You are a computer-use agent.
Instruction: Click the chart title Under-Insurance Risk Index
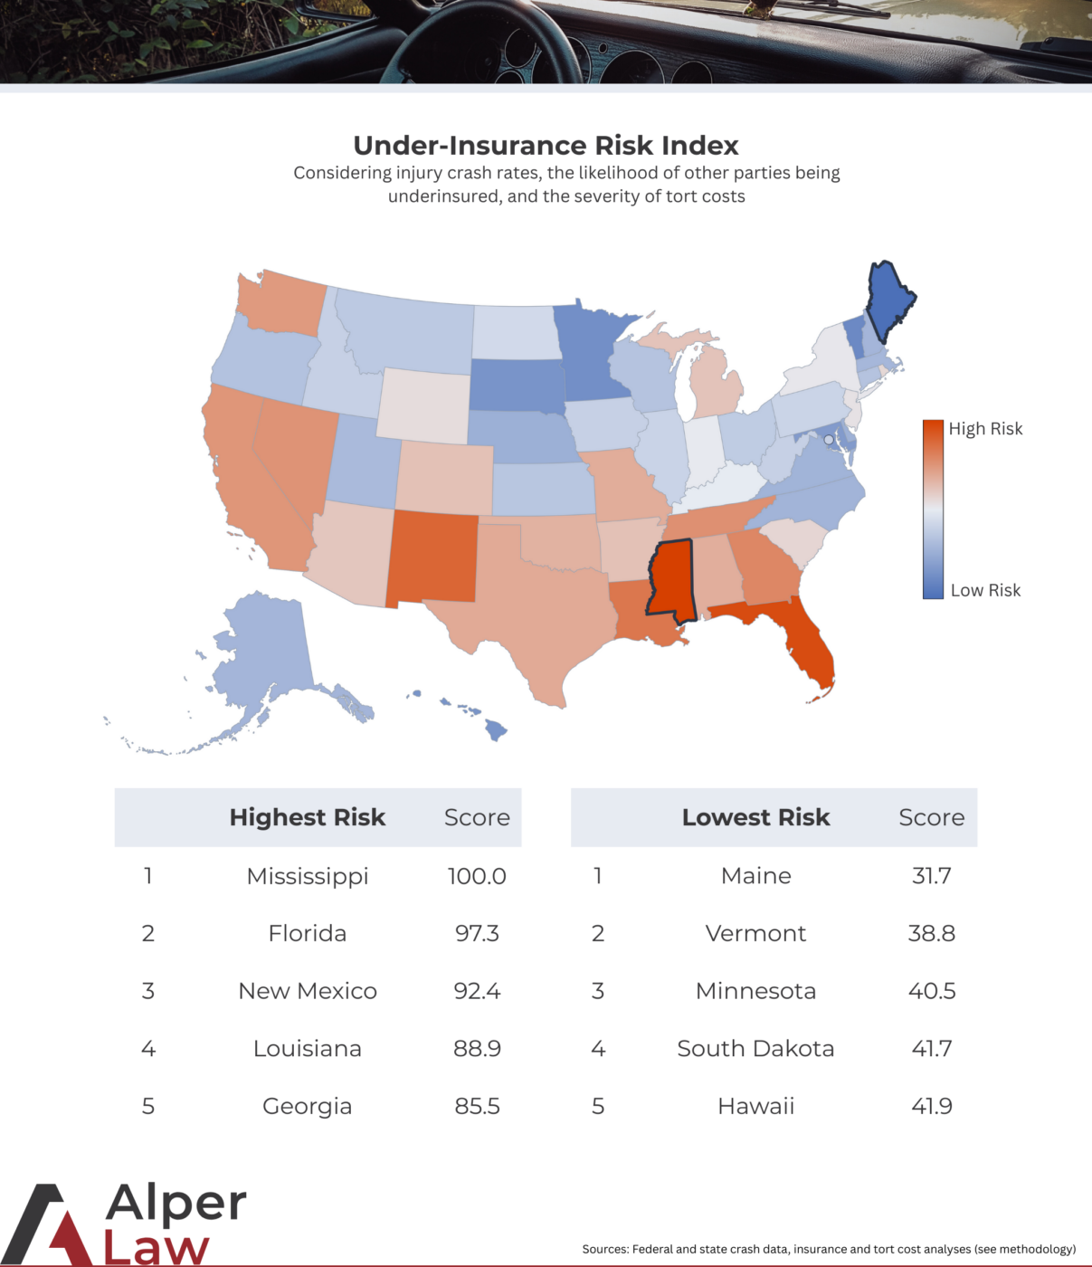(x=546, y=146)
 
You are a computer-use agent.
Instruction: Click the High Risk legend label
(x=985, y=429)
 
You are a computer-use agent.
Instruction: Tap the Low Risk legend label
(x=985, y=590)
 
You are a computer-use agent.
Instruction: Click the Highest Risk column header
(x=308, y=817)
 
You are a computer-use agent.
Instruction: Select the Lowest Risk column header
(x=755, y=817)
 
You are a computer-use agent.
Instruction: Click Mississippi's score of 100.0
(x=477, y=876)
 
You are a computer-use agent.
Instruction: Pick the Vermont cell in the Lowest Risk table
(x=755, y=933)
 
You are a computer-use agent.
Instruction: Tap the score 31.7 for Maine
(x=931, y=876)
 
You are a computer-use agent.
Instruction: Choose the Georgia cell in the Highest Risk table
(x=308, y=1106)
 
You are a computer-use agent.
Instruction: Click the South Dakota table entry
(x=755, y=1048)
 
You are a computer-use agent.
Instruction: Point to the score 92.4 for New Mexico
(x=477, y=991)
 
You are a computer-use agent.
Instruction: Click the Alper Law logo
(x=127, y=1224)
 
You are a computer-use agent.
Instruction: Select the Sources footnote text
(x=829, y=1249)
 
